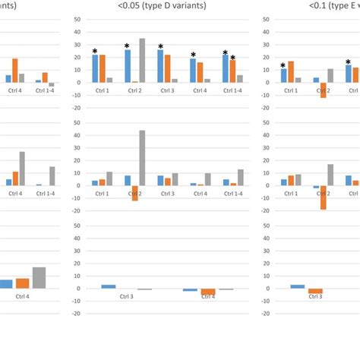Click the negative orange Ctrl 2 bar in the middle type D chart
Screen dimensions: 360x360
click(134, 193)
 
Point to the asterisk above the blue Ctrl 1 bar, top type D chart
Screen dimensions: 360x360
click(95, 52)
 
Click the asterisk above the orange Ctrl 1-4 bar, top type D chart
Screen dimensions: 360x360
click(232, 57)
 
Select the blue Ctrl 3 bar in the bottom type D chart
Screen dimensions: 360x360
click(109, 286)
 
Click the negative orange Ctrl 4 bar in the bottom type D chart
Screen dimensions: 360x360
click(208, 292)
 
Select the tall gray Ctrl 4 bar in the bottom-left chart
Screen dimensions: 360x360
click(39, 277)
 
